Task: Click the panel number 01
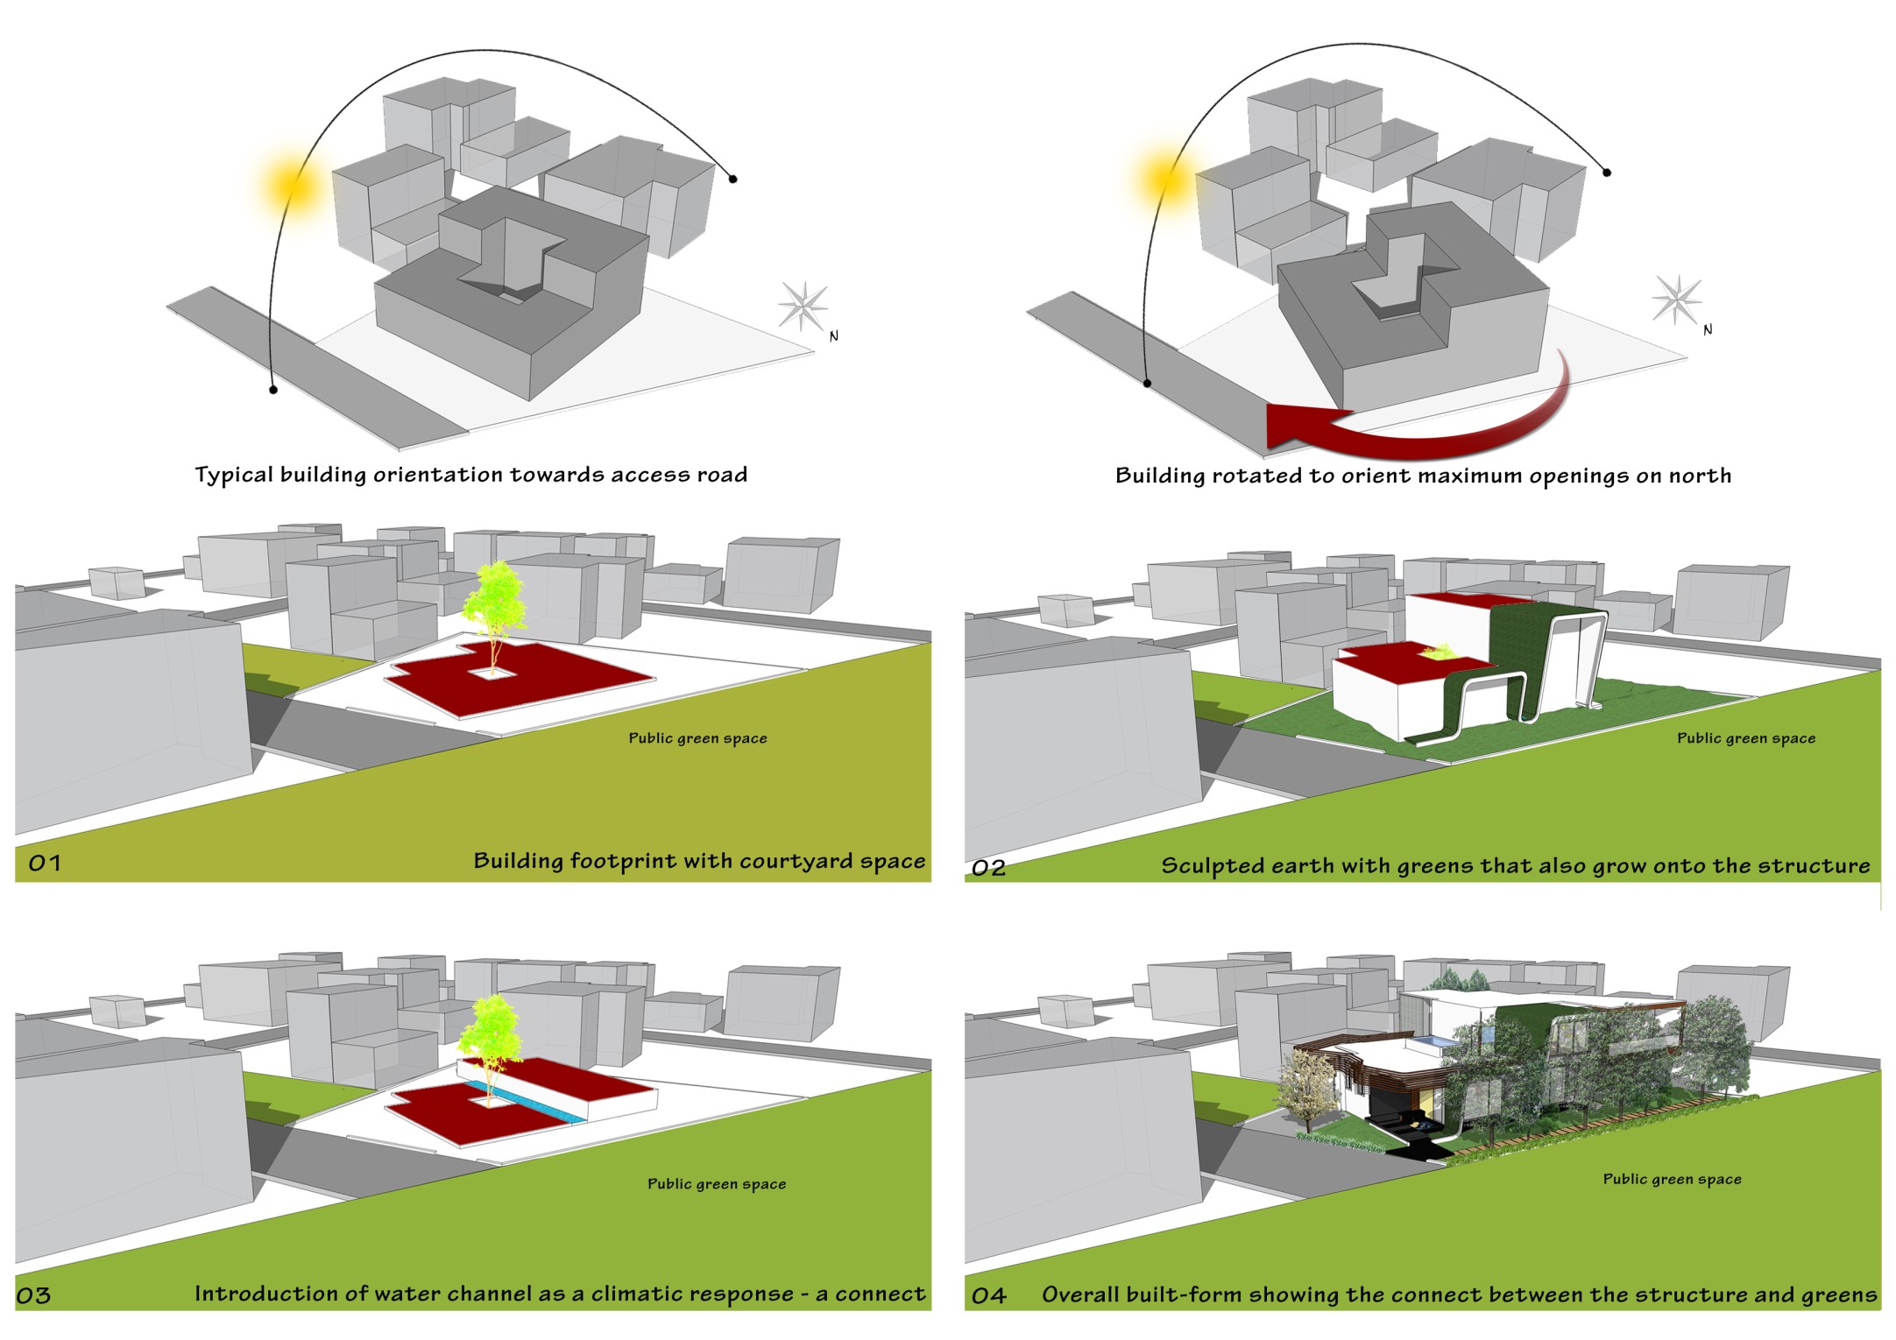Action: click(45, 864)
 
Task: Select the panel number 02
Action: click(988, 868)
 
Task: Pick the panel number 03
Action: click(33, 1295)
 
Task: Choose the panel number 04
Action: click(988, 1295)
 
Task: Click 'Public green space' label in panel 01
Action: click(697, 738)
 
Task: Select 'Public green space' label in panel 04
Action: click(1672, 1179)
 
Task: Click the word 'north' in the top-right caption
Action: click(1699, 476)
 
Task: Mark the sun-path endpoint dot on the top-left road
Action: click(273, 389)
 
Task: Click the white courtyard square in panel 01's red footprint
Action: click(491, 674)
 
